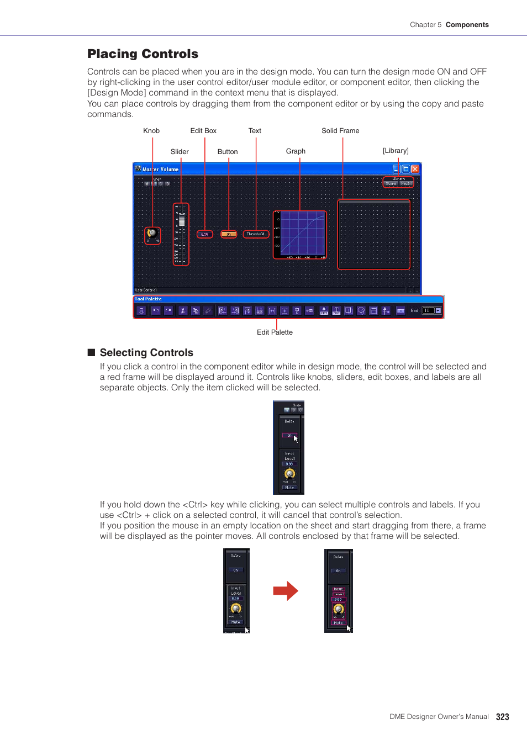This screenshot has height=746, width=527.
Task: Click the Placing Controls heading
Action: tap(143, 54)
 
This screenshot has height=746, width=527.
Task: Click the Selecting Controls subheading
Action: tap(146, 352)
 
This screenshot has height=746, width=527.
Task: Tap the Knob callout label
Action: tap(151, 131)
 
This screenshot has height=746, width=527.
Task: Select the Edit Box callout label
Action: tap(203, 131)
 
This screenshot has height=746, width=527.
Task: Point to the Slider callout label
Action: tap(180, 152)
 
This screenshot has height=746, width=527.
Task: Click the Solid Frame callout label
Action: tap(340, 131)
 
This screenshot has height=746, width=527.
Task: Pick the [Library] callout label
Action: tap(396, 151)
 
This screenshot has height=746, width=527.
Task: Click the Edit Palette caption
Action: tap(275, 332)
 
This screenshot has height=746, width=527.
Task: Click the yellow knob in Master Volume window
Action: tap(152, 234)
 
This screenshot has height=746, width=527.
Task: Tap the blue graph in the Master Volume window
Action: tap(300, 234)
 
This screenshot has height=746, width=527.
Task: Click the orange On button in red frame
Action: tap(229, 234)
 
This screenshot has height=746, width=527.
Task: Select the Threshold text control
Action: tap(256, 234)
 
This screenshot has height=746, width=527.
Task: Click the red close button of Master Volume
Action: tap(415, 169)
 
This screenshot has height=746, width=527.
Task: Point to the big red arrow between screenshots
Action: tap(285, 591)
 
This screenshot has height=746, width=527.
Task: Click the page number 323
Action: tap(502, 717)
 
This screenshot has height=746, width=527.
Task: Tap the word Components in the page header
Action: tap(467, 25)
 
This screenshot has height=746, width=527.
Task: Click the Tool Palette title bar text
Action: tap(149, 299)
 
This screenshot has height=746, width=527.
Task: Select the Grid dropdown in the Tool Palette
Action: tap(431, 311)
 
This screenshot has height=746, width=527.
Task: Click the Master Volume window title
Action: tap(161, 170)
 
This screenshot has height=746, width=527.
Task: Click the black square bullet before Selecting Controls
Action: tap(91, 352)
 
